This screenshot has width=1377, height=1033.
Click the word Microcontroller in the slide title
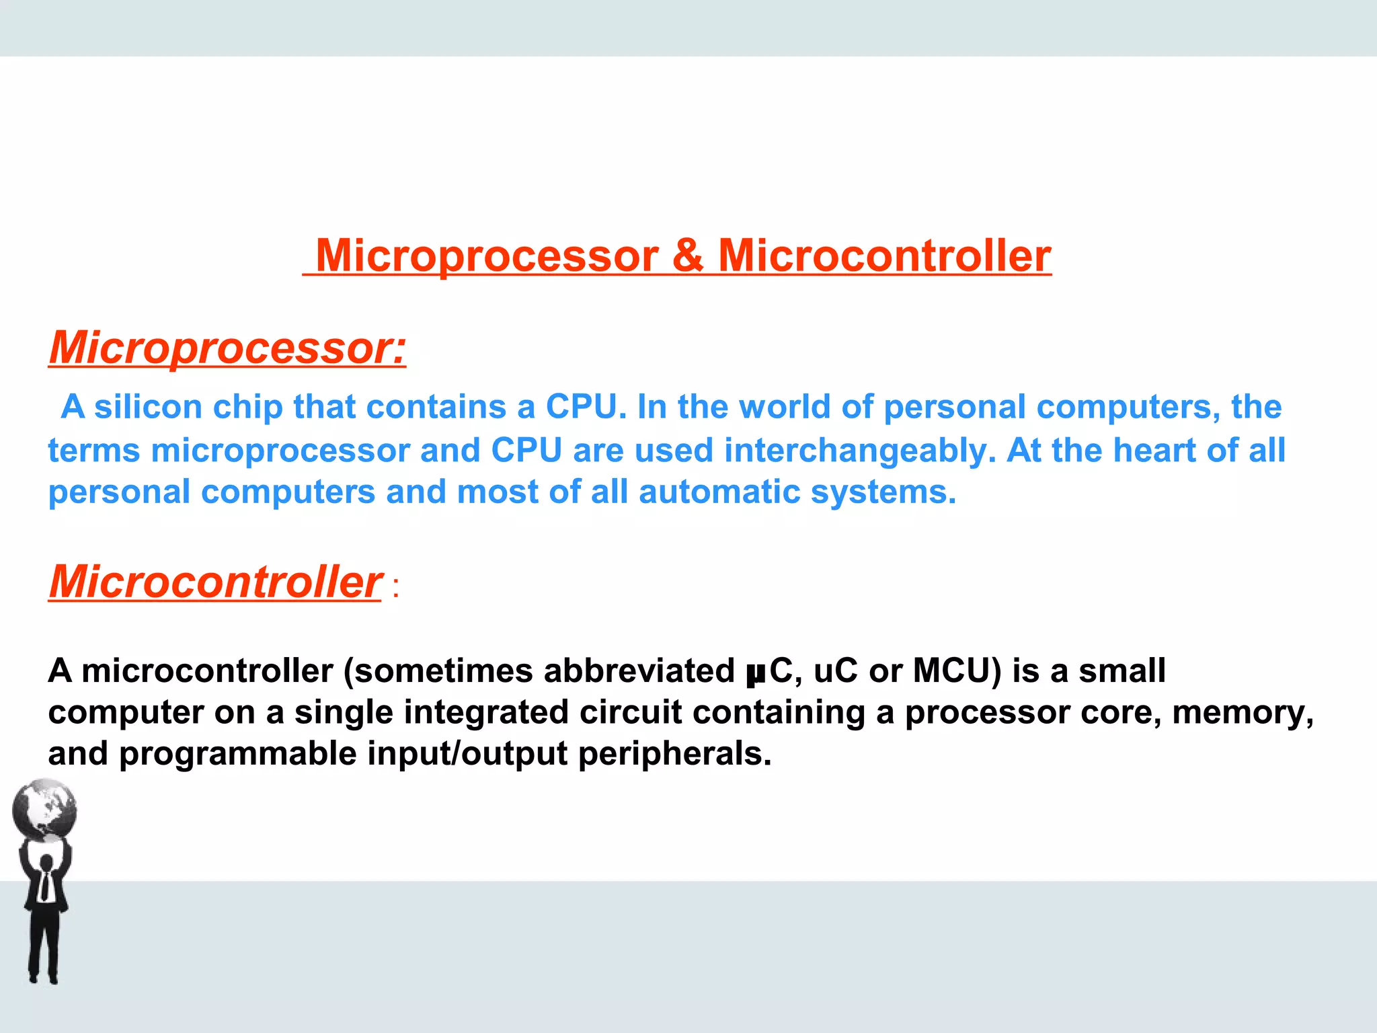pos(884,256)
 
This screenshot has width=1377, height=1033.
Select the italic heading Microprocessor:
pos(227,348)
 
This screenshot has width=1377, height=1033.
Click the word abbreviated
pos(639,671)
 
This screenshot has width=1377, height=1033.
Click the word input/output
pos(467,754)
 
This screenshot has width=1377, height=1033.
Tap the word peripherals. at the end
pos(674,754)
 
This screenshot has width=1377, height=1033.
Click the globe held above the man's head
pos(44,809)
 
